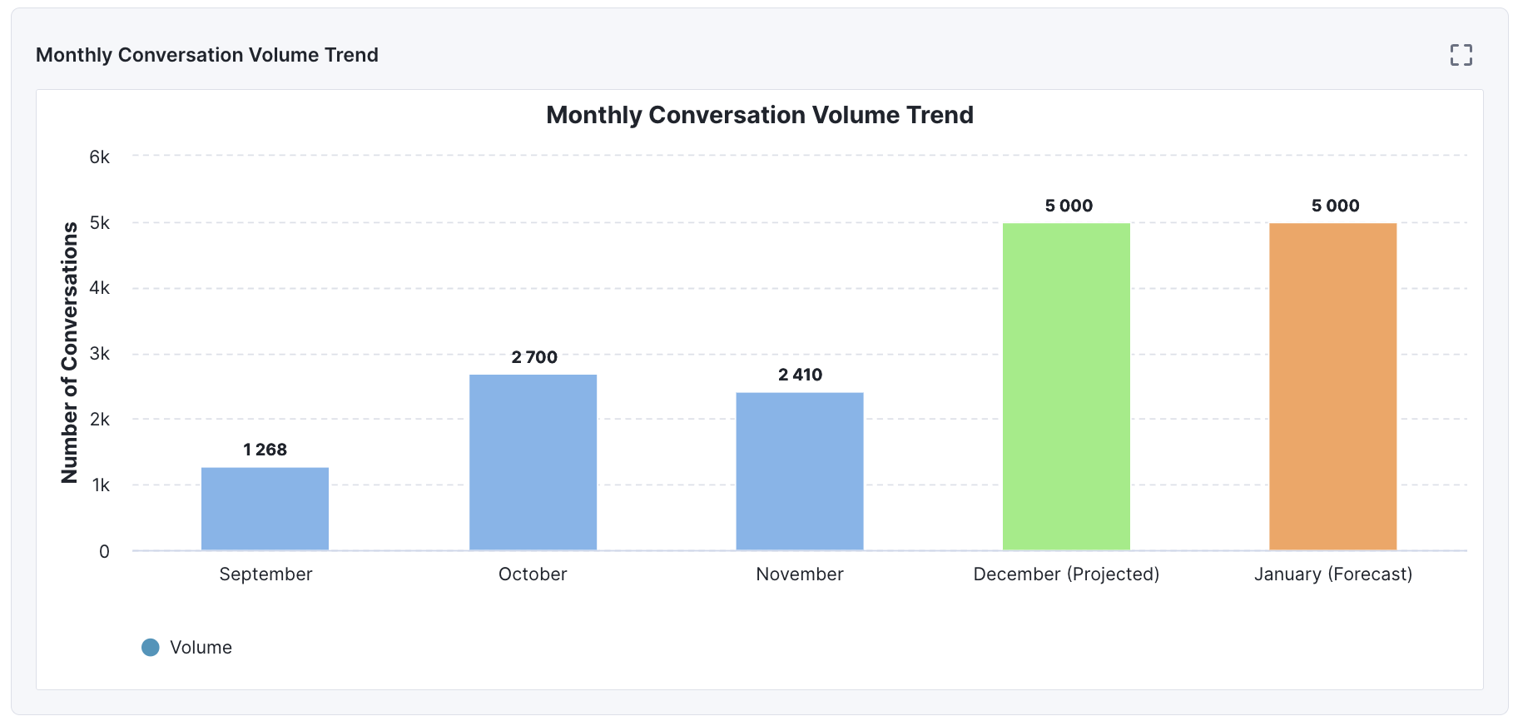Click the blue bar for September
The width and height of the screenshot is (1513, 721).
click(x=265, y=509)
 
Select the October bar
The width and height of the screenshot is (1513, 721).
click(x=533, y=462)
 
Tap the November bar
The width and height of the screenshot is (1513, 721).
click(x=799, y=471)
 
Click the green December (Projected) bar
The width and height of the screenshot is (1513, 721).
click(x=1066, y=386)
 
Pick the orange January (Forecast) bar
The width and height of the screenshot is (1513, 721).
click(x=1332, y=386)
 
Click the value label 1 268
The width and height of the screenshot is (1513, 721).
click(x=265, y=450)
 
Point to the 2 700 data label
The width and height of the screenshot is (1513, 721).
click(x=534, y=357)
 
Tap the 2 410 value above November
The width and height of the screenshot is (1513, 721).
click(x=800, y=375)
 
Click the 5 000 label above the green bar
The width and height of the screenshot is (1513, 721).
click(x=1069, y=206)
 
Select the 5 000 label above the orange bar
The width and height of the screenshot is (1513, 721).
click(x=1335, y=206)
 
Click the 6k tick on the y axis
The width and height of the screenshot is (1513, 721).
click(x=99, y=157)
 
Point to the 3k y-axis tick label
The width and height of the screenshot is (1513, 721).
click(x=99, y=354)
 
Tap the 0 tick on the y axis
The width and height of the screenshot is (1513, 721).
click(x=104, y=551)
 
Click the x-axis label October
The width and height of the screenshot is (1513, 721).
click(x=533, y=574)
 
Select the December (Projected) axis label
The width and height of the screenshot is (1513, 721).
click(x=1066, y=574)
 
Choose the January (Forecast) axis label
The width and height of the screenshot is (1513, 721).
click(x=1332, y=574)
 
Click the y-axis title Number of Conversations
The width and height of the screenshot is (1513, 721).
click(x=70, y=352)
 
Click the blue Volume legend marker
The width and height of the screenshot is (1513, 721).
click(x=151, y=648)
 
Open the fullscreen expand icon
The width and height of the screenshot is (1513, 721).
click(x=1461, y=55)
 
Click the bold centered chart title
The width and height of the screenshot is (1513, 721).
click(x=759, y=115)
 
